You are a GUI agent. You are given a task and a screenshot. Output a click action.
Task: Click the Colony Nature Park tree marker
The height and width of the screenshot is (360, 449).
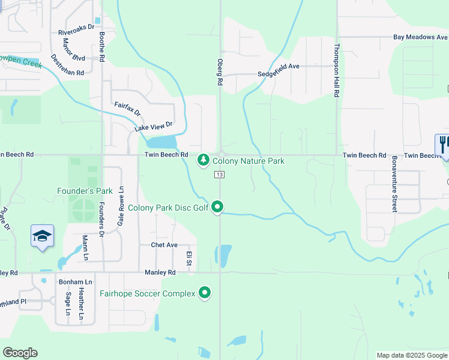[204, 161]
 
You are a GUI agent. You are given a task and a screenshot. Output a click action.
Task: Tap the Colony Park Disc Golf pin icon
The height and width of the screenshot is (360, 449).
[218, 208]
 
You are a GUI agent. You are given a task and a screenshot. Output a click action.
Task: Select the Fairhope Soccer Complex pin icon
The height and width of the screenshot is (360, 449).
[205, 293]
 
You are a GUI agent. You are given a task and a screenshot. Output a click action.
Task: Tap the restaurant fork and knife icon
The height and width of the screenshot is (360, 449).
[443, 145]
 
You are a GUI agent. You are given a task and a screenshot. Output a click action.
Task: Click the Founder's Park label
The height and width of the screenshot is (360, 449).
[85, 191]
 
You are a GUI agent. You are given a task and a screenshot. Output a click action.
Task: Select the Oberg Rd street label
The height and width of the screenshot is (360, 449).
[220, 71]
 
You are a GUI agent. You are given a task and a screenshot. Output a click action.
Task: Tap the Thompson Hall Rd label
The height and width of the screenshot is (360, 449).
[337, 70]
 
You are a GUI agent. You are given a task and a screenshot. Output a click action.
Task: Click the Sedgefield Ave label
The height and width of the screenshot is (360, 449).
[278, 67]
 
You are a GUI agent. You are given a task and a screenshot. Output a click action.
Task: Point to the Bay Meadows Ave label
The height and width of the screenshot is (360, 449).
[421, 37]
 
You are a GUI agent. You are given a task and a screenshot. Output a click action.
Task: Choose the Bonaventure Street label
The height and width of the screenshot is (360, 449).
[394, 184]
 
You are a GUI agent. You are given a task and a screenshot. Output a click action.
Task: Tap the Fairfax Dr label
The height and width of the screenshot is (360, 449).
[127, 109]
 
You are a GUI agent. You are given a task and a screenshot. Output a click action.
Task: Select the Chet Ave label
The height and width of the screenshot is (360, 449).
[164, 245]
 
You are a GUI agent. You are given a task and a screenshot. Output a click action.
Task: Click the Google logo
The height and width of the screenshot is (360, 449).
[20, 353]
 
